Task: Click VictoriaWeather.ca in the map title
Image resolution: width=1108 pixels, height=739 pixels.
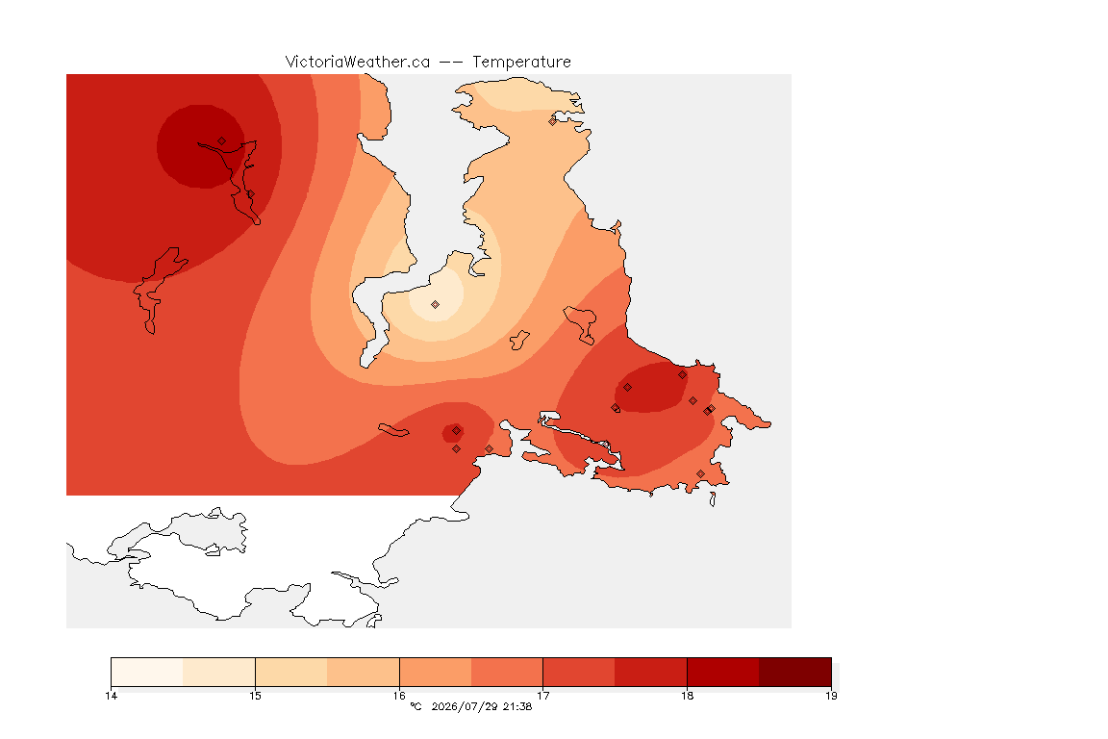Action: pyautogui.click(x=358, y=63)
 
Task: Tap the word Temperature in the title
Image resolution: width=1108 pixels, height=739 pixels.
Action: pyautogui.click(x=521, y=63)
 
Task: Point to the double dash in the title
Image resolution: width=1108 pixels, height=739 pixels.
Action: pyautogui.click(x=451, y=63)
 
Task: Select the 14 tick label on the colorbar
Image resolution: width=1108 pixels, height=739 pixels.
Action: pyautogui.click(x=111, y=696)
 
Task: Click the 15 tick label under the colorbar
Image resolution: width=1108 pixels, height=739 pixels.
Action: pyautogui.click(x=255, y=696)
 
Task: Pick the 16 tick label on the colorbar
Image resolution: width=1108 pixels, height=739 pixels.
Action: pyautogui.click(x=399, y=696)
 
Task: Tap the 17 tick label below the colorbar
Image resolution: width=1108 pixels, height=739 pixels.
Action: pyautogui.click(x=542, y=696)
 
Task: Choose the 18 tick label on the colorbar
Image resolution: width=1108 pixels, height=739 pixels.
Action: pyautogui.click(x=687, y=696)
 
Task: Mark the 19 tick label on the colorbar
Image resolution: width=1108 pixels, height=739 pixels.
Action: pyautogui.click(x=831, y=696)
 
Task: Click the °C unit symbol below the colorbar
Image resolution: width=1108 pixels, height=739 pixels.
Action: pyautogui.click(x=415, y=706)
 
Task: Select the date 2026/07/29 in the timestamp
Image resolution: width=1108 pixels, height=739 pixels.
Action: pyautogui.click(x=464, y=706)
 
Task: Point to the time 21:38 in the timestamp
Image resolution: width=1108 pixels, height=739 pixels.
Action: pyautogui.click(x=517, y=706)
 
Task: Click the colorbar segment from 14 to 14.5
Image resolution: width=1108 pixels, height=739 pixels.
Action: pyautogui.click(x=147, y=672)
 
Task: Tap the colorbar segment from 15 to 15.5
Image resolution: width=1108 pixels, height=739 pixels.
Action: pyautogui.click(x=291, y=672)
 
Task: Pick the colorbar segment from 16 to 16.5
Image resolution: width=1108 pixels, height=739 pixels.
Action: pyautogui.click(x=436, y=672)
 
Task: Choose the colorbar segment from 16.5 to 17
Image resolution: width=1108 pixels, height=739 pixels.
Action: pyautogui.click(x=507, y=672)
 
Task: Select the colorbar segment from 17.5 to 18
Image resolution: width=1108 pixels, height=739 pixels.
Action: pyautogui.click(x=651, y=672)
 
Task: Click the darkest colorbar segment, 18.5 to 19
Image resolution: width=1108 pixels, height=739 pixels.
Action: pyautogui.click(x=795, y=672)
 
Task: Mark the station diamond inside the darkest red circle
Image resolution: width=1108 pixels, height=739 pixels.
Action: pyautogui.click(x=222, y=141)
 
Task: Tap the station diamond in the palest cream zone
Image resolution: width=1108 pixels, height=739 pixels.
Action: pyautogui.click(x=436, y=305)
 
